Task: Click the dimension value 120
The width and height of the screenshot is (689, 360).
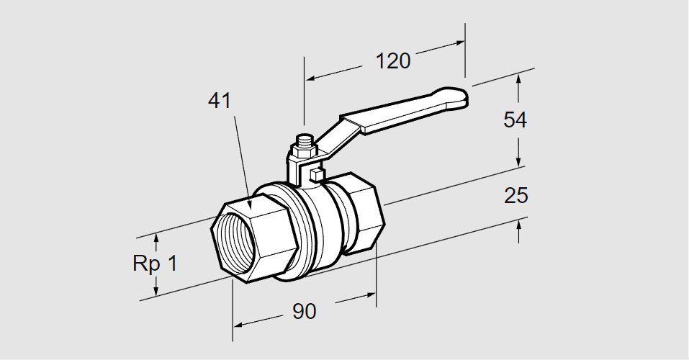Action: (x=392, y=60)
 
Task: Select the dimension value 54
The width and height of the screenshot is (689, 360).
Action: (x=515, y=120)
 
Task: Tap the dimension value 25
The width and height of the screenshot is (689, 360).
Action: (x=515, y=195)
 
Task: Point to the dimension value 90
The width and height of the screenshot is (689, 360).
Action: (x=304, y=312)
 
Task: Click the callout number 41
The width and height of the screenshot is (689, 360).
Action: (x=219, y=101)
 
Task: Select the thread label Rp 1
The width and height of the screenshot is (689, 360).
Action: (x=154, y=263)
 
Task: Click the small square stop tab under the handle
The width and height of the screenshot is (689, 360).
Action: (x=315, y=174)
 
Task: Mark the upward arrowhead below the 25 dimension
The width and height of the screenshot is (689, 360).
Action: (x=518, y=224)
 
